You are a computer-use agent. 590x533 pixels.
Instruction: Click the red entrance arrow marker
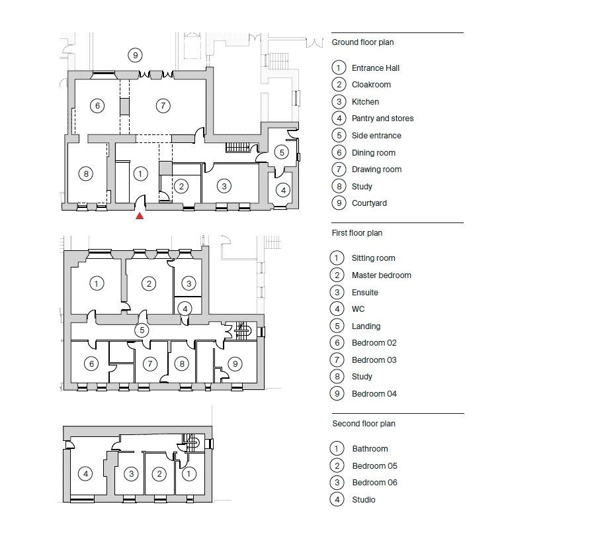pos(140,216)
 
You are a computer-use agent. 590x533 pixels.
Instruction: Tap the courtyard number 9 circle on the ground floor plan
pos(135,56)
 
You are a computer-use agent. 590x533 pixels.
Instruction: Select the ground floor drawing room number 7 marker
pos(163,106)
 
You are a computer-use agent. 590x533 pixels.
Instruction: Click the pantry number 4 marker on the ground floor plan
pos(283,191)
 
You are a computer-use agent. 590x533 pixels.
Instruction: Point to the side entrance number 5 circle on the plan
pos(282,152)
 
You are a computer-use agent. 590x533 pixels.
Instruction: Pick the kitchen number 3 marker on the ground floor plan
pos(224,186)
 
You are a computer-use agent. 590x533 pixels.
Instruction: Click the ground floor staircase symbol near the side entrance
pos(238,147)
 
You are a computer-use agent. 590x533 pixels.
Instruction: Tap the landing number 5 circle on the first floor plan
pos(142,330)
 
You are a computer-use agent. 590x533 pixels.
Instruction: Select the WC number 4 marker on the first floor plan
pos(185,309)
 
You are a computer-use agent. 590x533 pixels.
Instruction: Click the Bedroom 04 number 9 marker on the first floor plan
pos(235,364)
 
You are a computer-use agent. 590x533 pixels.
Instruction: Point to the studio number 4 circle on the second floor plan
pos(85,474)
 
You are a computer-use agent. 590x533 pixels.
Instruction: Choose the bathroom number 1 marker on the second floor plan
pos(189,474)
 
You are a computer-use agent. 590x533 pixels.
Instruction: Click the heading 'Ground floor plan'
pos(362,42)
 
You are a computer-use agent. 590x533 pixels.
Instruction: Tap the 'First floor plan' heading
pos(357,233)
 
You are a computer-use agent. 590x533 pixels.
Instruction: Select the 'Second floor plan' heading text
pos(364,424)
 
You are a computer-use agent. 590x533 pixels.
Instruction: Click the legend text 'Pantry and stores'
pos(383,119)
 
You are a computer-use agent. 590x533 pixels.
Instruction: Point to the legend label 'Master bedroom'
pos(382,275)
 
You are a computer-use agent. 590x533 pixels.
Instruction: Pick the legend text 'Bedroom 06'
pos(375,483)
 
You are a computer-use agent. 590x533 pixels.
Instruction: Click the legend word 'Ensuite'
pos(365,292)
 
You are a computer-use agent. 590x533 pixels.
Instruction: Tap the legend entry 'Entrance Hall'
pos(376,68)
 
